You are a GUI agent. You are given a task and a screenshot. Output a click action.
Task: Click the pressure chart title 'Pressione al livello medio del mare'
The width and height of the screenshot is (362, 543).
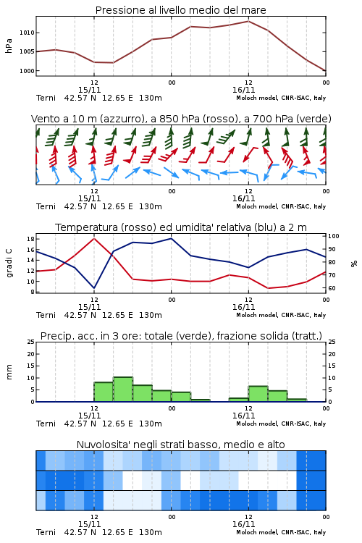180,10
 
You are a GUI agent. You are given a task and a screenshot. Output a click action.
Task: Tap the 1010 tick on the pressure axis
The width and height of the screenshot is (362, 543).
27,33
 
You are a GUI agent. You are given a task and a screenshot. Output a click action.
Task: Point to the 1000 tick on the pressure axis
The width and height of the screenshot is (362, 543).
27,71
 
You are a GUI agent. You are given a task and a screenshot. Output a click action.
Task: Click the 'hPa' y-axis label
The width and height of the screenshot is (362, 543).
9,46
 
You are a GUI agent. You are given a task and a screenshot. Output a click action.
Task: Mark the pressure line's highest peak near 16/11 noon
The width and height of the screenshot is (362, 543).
248,21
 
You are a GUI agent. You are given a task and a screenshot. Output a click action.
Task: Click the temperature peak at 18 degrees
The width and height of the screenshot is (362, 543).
94,238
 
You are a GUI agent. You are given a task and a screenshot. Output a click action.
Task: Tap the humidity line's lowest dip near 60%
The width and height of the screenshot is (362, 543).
94,287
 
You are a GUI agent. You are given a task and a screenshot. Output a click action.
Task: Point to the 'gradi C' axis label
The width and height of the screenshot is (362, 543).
9,263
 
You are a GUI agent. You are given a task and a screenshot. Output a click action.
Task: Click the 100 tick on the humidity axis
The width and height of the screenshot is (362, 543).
334,236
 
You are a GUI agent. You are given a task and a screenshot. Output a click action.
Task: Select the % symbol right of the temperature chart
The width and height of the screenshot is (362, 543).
354,264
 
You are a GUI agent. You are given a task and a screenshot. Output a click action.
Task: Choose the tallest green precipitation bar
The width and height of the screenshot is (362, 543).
123,390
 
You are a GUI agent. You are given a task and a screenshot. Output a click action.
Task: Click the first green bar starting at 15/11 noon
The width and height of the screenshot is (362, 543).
104,392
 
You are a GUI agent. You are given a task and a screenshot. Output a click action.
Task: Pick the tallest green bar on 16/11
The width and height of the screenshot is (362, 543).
258,394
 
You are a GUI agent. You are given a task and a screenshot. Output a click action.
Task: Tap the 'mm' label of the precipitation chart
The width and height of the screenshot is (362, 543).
9,372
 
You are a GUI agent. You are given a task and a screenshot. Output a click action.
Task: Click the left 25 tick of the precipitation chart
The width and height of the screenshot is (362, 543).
31,342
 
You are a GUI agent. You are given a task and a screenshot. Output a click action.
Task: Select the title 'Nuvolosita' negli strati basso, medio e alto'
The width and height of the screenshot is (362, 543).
180,445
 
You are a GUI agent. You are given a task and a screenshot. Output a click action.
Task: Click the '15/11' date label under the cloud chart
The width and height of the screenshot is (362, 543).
89,524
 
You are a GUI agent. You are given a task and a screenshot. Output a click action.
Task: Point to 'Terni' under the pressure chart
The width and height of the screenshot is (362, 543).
46,98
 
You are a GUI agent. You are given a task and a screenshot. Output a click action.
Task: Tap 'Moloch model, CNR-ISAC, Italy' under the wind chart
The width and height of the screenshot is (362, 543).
281,206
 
